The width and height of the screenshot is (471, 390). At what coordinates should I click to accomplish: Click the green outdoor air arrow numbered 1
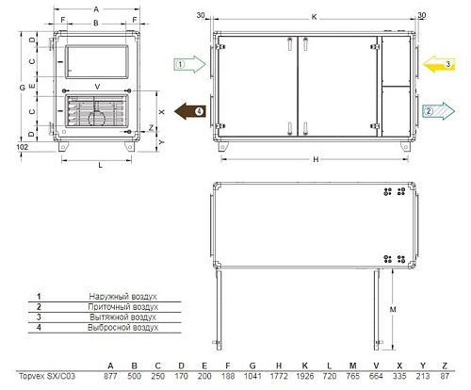(x=189, y=64)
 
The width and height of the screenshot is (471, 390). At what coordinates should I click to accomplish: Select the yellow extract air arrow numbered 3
(x=439, y=64)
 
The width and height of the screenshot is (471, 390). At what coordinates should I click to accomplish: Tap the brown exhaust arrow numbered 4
(x=190, y=111)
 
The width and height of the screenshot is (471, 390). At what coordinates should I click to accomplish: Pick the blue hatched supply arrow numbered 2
(x=439, y=111)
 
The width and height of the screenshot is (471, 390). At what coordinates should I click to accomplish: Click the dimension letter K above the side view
(x=314, y=17)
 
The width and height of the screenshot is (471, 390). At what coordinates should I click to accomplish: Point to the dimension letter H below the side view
(x=316, y=159)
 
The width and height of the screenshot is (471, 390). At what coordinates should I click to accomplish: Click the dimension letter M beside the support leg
(x=393, y=310)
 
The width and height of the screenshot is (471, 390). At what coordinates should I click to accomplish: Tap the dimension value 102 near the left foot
(x=23, y=147)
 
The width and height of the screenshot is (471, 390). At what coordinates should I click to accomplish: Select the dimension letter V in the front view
(x=97, y=87)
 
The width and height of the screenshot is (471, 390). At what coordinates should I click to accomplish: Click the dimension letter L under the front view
(x=101, y=165)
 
